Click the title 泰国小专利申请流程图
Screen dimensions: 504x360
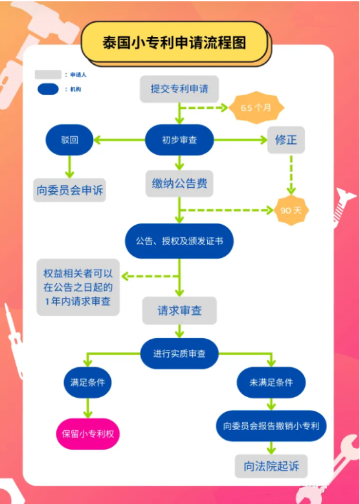(x=174, y=42)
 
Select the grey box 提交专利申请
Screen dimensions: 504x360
(x=179, y=89)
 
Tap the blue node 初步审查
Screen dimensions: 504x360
(x=179, y=139)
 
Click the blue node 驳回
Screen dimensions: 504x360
(x=69, y=139)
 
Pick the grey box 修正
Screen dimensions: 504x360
(x=286, y=139)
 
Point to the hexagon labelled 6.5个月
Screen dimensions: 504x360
(x=256, y=108)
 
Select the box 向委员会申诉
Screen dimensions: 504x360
(x=70, y=190)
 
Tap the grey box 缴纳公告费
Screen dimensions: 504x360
(x=179, y=184)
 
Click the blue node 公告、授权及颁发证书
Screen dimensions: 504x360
(x=179, y=241)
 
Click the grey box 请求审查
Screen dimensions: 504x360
(x=179, y=311)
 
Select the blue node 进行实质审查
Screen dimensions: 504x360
(x=179, y=354)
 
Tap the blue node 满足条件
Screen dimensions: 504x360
(x=87, y=383)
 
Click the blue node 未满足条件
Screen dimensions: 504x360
(x=271, y=383)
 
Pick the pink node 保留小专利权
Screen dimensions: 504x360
(x=88, y=433)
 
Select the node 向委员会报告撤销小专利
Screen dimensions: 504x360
(x=271, y=426)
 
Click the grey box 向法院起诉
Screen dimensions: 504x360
(x=271, y=466)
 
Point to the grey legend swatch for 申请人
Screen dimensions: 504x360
(x=48, y=75)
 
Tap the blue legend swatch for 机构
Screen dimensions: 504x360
(x=48, y=89)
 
